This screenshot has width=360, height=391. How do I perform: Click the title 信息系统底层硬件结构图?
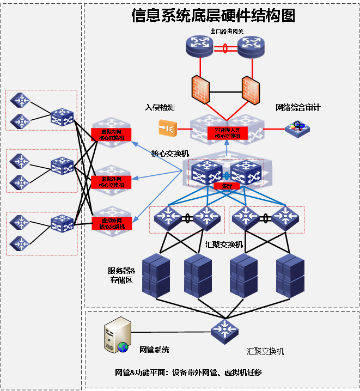pyautogui.click(x=213, y=16)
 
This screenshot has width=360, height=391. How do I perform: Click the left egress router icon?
pyautogui.click(x=199, y=47)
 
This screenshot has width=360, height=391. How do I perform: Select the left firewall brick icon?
pyautogui.click(x=200, y=89)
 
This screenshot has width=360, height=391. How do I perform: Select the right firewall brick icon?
pyautogui.click(x=252, y=89)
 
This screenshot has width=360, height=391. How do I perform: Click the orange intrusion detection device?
pyautogui.click(x=167, y=129)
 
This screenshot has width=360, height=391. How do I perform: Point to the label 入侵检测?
pyautogui.click(x=160, y=108)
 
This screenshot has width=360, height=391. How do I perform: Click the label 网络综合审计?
pyautogui.click(x=297, y=108)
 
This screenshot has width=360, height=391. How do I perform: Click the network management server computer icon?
pyautogui.click(x=117, y=336)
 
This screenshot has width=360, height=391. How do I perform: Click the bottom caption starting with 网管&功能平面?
pyautogui.click(x=188, y=373)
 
